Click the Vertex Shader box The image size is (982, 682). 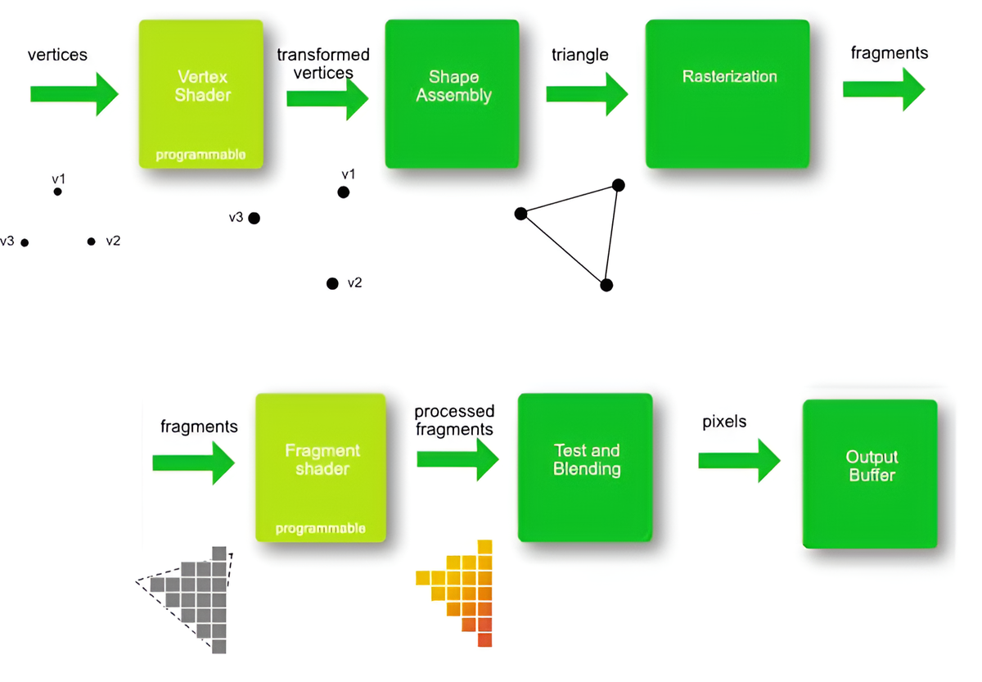tap(201, 93)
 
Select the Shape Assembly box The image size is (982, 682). tap(453, 93)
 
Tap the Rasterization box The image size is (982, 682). tap(727, 93)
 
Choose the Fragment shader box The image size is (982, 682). tap(321, 467)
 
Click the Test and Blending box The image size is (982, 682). tap(586, 467)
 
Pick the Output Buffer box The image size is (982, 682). tap(871, 473)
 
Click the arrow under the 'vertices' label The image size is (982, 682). tap(74, 94)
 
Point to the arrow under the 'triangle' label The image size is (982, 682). tap(586, 94)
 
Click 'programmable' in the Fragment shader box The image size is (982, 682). tap(321, 529)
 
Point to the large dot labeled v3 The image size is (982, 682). tap(254, 218)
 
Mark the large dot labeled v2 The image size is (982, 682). tap(332, 283)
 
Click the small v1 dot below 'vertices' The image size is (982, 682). tap(57, 192)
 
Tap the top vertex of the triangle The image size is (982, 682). tap(619, 185)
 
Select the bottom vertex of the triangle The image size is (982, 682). tap(606, 285)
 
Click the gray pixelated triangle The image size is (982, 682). tap(196, 598)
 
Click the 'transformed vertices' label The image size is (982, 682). tap(323, 63)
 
